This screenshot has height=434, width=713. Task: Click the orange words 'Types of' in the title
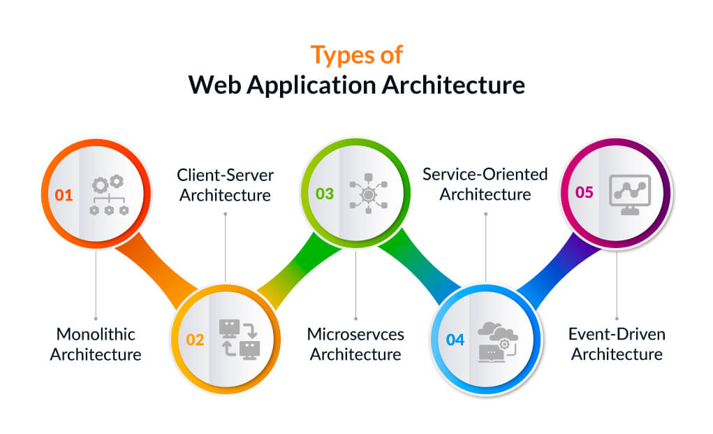pyautogui.click(x=356, y=54)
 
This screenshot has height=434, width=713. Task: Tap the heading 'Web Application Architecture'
pyautogui.click(x=356, y=85)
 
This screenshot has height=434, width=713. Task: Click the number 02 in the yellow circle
pyautogui.click(x=195, y=340)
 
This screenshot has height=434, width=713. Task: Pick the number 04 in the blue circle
pyautogui.click(x=455, y=340)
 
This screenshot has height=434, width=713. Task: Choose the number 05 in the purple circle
pyautogui.click(x=585, y=191)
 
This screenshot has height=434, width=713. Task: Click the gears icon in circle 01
pyautogui.click(x=108, y=195)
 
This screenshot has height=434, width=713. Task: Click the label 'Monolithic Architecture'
pyautogui.click(x=96, y=344)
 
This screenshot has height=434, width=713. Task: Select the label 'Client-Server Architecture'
pyautogui.click(x=225, y=185)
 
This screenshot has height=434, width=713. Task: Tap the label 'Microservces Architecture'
pyautogui.click(x=355, y=344)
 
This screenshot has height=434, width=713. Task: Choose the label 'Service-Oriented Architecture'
pyautogui.click(x=485, y=184)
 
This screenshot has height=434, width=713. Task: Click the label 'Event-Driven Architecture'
pyautogui.click(x=617, y=344)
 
